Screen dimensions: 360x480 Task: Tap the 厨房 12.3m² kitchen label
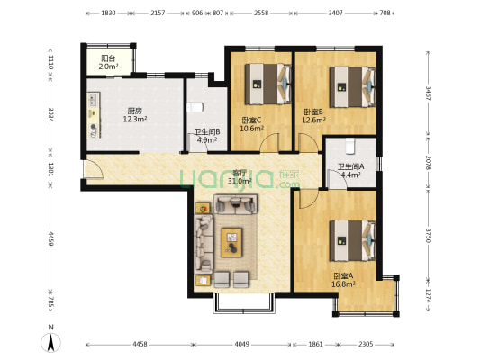click(x=134, y=115)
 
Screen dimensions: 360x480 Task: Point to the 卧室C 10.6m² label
click(x=251, y=124)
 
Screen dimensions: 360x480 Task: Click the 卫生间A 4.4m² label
click(x=349, y=170)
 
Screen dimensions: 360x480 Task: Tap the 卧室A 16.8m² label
click(x=343, y=279)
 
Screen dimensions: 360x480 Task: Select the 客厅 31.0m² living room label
click(x=239, y=177)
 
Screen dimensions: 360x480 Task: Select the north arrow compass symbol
click(x=52, y=341)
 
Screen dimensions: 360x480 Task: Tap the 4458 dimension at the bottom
click(x=139, y=345)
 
